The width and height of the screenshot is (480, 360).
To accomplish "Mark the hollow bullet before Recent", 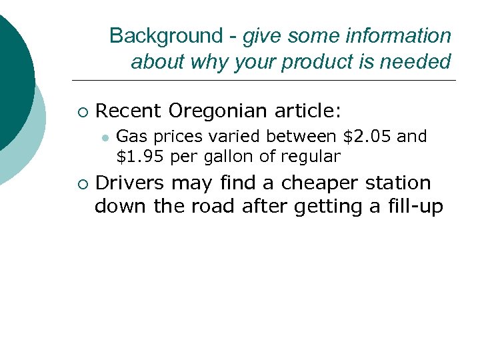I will (82, 110).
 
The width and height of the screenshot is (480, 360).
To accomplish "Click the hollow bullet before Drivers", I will (82, 183).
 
